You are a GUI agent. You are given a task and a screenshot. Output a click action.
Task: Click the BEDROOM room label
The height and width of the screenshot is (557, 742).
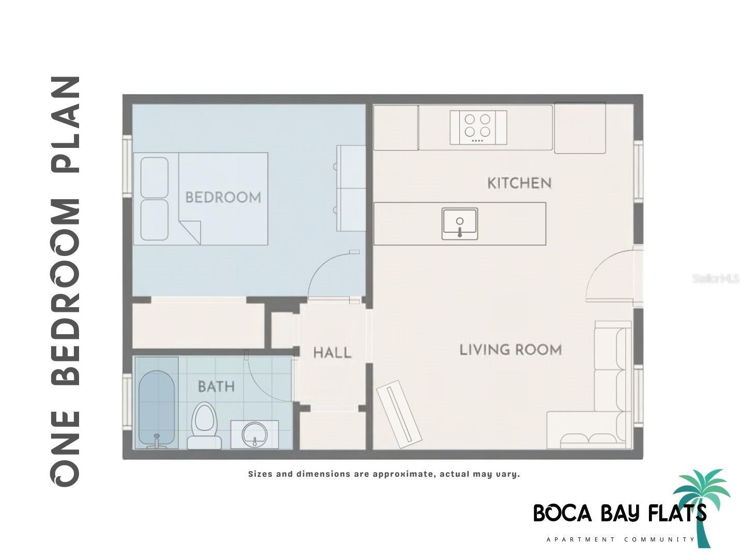coord(223,197)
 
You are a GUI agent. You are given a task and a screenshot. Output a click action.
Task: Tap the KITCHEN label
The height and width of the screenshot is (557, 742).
coord(519,183)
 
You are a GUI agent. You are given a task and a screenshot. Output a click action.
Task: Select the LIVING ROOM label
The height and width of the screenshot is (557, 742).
coord(511,350)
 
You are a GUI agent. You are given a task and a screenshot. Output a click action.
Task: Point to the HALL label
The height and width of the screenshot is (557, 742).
coord(332,353)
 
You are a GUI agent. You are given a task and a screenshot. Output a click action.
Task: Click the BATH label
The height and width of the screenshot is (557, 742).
coord(216,386)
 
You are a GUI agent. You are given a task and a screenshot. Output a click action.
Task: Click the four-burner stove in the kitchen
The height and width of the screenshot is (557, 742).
coord(477,127)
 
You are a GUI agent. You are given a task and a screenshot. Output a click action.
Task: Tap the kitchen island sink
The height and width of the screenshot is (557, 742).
coord(459,223)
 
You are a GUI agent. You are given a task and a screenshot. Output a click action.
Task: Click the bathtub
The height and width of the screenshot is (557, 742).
coord(156,409)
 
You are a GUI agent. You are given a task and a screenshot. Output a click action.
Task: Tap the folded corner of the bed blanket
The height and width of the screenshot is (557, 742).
coord(190,230)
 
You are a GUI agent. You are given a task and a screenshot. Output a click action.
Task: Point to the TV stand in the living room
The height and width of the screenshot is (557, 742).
coord(399,414)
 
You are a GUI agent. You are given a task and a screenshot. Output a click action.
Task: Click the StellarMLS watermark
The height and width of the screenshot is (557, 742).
coord(715,279)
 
